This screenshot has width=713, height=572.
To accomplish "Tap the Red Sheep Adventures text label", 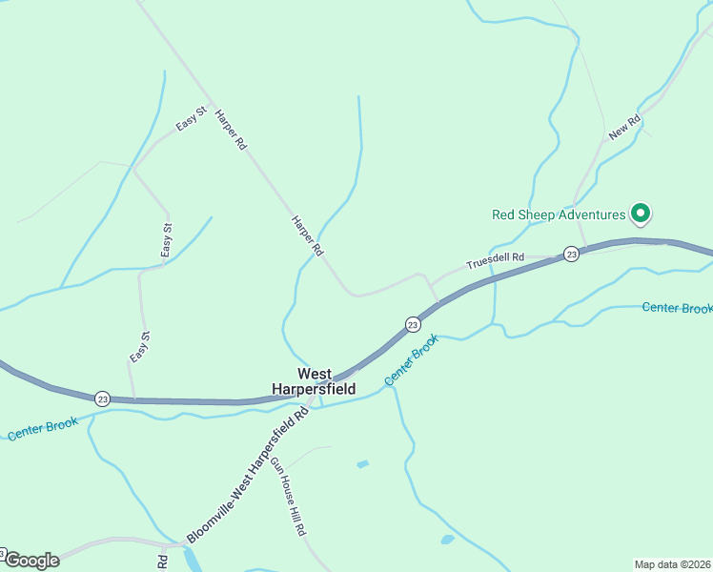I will (559, 214).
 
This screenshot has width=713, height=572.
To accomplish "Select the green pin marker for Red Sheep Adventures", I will (642, 214).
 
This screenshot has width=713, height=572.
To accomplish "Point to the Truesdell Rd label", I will (495, 258).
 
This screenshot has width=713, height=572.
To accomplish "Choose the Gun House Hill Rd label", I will (288, 496).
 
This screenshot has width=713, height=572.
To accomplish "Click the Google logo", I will (31, 561).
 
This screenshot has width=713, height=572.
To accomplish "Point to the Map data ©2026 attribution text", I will (673, 564).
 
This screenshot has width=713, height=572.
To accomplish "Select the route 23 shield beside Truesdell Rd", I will (570, 254).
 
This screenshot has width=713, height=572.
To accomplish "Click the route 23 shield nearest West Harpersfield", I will (412, 325).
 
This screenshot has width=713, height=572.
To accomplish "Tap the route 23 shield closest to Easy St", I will (103, 398).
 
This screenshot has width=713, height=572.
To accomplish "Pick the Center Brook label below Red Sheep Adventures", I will (677, 308).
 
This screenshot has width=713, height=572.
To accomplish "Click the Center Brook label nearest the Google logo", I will (43, 429).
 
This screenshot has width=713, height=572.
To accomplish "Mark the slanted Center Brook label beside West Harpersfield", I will (412, 359).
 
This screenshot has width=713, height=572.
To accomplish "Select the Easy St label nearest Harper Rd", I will (191, 120).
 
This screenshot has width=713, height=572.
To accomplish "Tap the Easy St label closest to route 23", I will (139, 346).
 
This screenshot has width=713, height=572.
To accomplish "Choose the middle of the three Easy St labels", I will (167, 240).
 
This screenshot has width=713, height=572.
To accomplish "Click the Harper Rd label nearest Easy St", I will (231, 132).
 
